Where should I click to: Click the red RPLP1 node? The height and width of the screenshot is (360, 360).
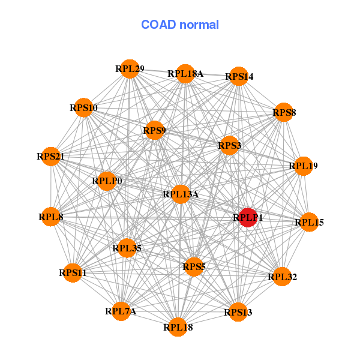(247, 218)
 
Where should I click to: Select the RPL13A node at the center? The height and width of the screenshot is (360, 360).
(181, 194)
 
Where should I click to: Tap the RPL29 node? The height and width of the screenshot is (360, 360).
(130, 69)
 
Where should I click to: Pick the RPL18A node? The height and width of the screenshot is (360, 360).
(185, 74)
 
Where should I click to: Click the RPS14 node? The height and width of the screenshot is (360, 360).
(239, 76)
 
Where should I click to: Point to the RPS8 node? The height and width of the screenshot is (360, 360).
(284, 112)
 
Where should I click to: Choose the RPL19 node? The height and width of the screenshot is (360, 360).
(303, 166)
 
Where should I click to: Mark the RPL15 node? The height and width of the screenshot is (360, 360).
(309, 223)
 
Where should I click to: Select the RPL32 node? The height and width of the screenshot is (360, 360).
(283, 277)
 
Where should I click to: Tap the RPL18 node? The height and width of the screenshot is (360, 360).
(178, 327)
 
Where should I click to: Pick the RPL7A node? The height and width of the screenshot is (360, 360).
(121, 311)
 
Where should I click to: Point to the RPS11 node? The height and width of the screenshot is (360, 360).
(73, 273)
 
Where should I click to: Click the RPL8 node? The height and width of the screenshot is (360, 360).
(51, 217)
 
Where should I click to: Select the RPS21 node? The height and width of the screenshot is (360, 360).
(51, 157)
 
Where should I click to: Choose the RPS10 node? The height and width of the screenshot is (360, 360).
(83, 108)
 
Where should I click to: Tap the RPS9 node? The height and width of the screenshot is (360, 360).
(154, 130)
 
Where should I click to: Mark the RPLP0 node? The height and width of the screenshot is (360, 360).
(107, 181)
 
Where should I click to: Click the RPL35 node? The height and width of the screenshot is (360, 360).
(126, 247)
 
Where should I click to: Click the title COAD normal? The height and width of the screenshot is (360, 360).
(180, 25)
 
